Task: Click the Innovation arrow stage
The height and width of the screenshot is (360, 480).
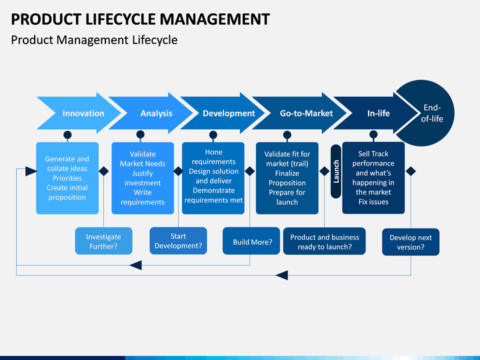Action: (79, 113)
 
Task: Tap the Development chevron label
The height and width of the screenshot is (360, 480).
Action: (229, 113)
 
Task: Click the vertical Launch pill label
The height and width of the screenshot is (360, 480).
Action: (336, 171)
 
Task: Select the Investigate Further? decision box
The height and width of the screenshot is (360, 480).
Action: (104, 241)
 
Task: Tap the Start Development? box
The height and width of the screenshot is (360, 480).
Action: (178, 241)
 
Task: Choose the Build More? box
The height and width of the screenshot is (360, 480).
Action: (251, 241)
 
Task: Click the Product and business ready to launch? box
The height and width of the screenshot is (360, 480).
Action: (325, 241)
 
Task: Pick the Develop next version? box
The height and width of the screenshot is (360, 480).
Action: (411, 242)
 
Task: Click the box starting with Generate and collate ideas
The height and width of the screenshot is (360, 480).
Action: (67, 178)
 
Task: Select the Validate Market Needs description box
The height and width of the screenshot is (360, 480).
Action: (143, 178)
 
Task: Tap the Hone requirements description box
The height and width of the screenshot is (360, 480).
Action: (213, 178)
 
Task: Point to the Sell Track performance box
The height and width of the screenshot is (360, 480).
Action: (373, 178)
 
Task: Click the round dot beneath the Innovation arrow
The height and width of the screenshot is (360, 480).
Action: (67, 135)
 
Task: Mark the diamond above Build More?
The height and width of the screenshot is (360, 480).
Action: (250, 171)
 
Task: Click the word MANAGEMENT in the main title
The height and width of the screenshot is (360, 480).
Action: (215, 19)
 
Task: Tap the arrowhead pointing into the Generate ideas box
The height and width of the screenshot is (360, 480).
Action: (31, 171)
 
